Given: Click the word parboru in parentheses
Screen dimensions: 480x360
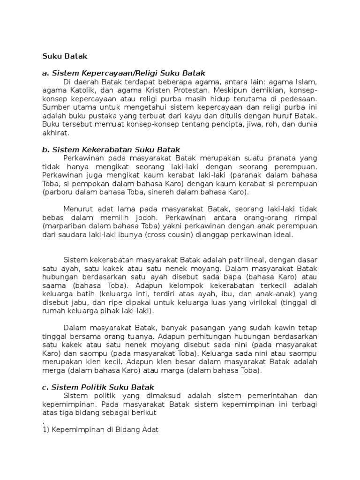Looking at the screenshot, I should coord(58,192).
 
